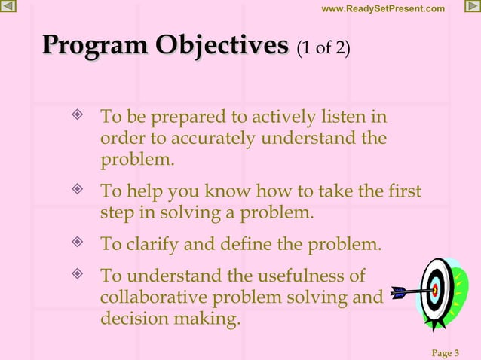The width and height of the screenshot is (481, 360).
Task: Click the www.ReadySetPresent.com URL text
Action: (383, 8)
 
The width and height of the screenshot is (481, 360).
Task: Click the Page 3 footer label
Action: (446, 352)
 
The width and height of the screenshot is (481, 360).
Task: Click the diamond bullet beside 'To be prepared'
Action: (76, 117)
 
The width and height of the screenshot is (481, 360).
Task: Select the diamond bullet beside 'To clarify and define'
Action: (76, 243)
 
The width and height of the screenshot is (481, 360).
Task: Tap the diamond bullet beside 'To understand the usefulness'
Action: (76, 274)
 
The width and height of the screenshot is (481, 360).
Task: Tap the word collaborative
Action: (157, 297)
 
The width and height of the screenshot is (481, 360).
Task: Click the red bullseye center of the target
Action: (435, 288)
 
